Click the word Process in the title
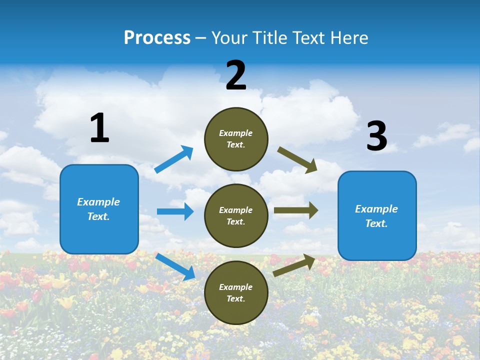157,38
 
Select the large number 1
99,128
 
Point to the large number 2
236,75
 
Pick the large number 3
376,136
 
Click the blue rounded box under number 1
99,209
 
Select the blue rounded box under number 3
377,216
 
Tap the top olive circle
236,139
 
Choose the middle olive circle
236,215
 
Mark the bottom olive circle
236,292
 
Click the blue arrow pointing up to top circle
174,159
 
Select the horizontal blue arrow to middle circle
175,211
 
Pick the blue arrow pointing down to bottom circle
175,266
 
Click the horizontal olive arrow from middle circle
296,210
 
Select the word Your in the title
229,38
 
